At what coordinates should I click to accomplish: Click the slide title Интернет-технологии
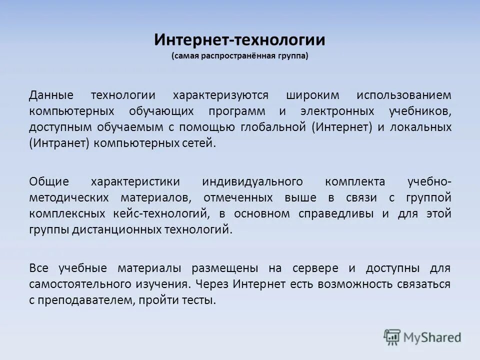pyautogui.click(x=240, y=39)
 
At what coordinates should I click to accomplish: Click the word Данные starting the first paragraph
pyautogui.click(x=51, y=95)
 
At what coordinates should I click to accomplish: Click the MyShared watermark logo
pyautogui.click(x=422, y=336)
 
